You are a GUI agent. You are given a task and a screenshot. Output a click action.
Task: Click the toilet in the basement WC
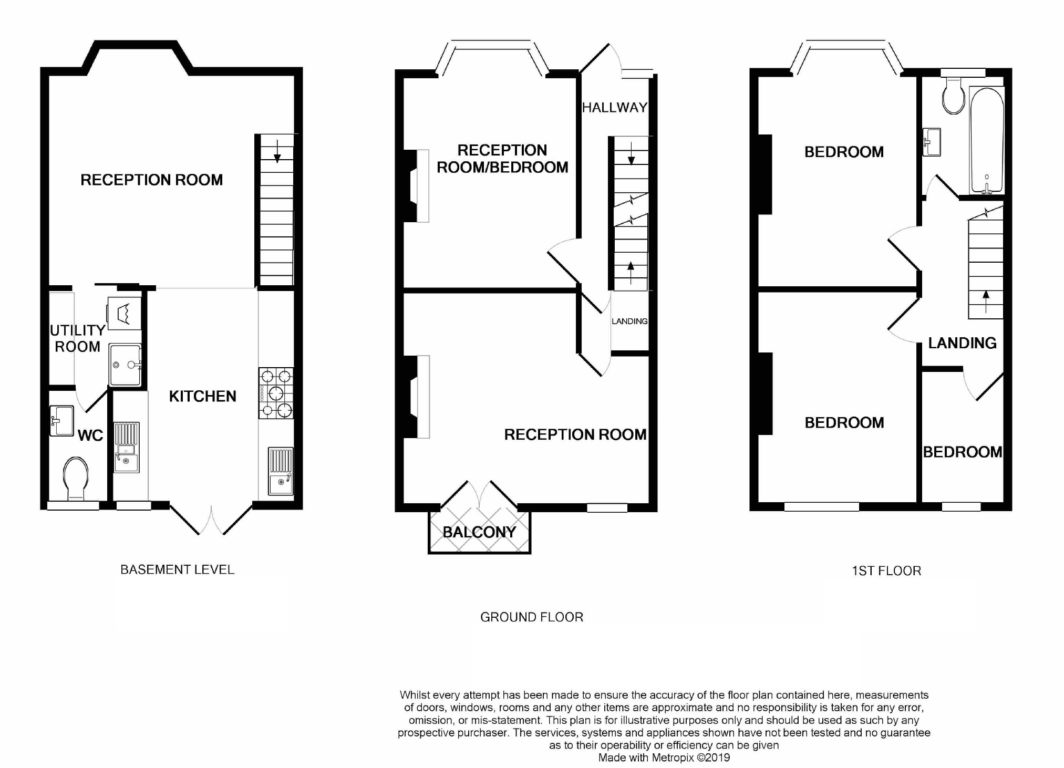[75, 478]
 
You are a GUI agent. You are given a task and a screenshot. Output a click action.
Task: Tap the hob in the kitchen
[276, 393]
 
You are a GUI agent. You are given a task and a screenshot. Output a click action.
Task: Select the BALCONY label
[479, 532]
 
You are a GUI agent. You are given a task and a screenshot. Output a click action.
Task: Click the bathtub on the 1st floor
[987, 140]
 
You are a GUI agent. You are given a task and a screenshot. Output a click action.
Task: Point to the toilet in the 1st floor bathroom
[953, 96]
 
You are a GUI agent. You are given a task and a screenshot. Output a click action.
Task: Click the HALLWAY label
[614, 108]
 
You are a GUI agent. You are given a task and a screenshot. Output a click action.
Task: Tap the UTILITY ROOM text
[77, 338]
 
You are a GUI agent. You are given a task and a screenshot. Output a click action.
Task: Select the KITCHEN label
[202, 396]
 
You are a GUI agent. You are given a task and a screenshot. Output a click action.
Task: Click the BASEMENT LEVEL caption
[177, 569]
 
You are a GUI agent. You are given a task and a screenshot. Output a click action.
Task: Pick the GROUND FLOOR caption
[532, 617]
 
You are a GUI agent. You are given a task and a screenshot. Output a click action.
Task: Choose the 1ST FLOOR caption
[886, 571]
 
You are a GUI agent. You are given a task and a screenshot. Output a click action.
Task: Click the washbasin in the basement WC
[61, 421]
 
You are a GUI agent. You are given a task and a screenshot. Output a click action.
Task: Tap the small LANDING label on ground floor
[629, 321]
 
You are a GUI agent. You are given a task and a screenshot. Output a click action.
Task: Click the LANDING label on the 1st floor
[962, 343]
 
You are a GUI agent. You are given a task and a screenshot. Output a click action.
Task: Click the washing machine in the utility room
[125, 314]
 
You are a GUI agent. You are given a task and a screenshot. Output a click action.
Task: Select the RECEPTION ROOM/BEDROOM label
[502, 159]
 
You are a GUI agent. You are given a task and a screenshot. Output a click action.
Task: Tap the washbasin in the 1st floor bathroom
[931, 142]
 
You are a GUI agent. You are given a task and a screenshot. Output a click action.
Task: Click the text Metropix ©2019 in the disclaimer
[691, 757]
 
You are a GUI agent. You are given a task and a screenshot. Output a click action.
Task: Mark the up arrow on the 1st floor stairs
[986, 302]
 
